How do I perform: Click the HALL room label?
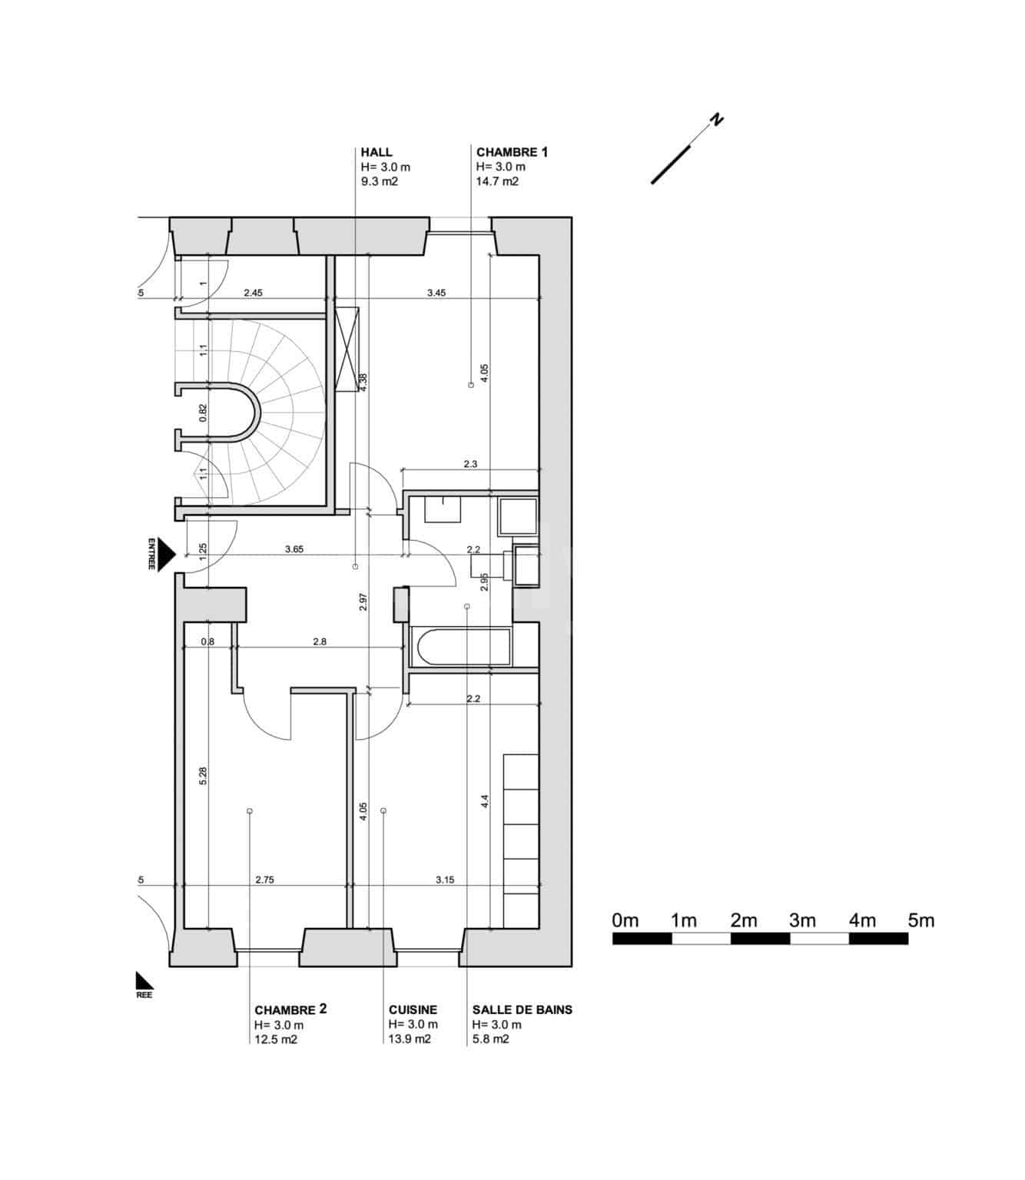click(x=376, y=152)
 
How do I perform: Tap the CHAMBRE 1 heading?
click(x=512, y=152)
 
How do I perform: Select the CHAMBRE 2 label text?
click(x=290, y=1009)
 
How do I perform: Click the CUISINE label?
click(x=413, y=1009)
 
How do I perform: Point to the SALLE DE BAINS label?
click(x=522, y=1009)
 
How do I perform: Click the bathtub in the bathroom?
click(x=461, y=648)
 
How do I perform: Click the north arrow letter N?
click(x=716, y=120)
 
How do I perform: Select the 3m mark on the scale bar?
click(x=802, y=920)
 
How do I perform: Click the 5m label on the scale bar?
click(x=921, y=920)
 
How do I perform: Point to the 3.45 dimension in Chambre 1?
click(x=436, y=293)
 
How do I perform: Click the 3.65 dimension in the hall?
click(x=294, y=549)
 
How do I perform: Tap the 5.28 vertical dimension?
click(x=204, y=775)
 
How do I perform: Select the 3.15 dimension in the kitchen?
click(x=444, y=880)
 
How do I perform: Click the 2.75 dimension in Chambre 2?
click(x=264, y=880)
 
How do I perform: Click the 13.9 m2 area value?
click(x=410, y=1039)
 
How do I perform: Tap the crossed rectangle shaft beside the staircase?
click(x=347, y=349)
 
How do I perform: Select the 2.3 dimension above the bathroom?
click(x=470, y=464)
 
